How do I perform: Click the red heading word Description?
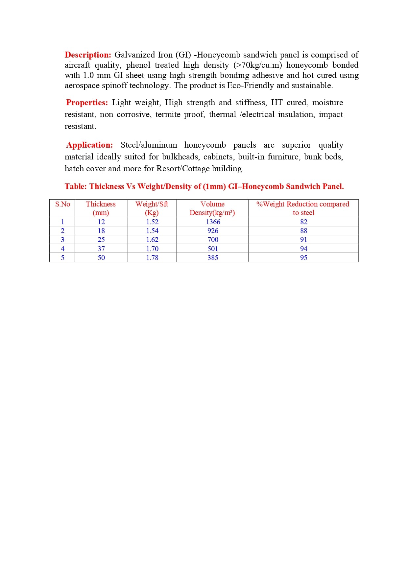click(x=88, y=55)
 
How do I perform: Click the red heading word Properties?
click(x=87, y=103)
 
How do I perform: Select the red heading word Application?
click(x=89, y=145)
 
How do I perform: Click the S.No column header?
click(x=62, y=204)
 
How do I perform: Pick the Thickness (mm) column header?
click(x=101, y=208)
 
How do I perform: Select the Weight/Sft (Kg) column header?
click(x=152, y=208)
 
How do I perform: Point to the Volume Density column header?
click(x=212, y=208)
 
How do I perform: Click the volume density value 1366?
click(x=213, y=222)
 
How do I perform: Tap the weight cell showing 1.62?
click(x=152, y=240)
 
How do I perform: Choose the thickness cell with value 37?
click(x=101, y=249)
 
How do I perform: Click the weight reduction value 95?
click(x=303, y=258)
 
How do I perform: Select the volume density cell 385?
click(x=213, y=258)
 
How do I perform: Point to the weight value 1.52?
click(x=152, y=222)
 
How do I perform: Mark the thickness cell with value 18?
click(x=101, y=231)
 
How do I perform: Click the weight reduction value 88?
click(x=303, y=231)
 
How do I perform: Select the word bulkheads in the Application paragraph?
click(x=180, y=157)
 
